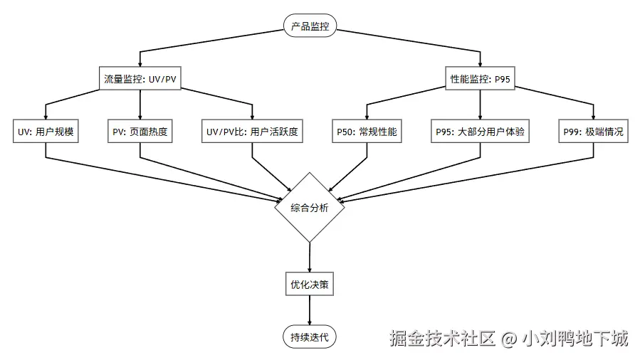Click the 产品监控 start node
click(310, 26)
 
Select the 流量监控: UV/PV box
click(140, 79)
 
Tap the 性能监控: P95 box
click(481, 79)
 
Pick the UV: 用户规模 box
click(46, 132)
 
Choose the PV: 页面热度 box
click(140, 132)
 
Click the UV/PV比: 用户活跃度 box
click(252, 132)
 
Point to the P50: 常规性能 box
click(367, 132)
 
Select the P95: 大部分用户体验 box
click(481, 132)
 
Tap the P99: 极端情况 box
click(594, 132)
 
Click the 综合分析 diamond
click(310, 208)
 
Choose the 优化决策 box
click(310, 285)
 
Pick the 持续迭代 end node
click(310, 337)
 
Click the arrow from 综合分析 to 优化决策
click(310, 258)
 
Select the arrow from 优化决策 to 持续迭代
click(310, 312)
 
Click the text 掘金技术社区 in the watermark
click(441, 339)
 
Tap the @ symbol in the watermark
click(508, 339)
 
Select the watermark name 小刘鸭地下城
click(575, 339)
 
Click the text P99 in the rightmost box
click(572, 132)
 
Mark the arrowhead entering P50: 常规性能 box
click(367, 116)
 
